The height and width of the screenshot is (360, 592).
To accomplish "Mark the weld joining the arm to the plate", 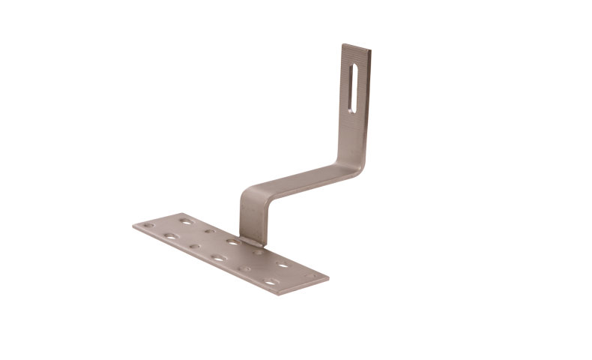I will (252, 241).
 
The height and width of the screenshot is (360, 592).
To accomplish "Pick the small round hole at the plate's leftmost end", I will (150, 226).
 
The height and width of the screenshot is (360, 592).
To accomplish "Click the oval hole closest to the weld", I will (234, 241).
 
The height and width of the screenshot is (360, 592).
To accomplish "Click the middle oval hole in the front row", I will (219, 258).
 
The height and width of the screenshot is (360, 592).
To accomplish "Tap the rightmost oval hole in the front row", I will (270, 283).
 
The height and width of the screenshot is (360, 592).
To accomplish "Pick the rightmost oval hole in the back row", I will (283, 264).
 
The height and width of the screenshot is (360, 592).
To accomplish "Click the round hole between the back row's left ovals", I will (210, 231).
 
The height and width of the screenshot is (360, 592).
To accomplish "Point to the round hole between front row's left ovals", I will (195, 247).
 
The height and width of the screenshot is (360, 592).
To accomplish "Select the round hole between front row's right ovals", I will (244, 270).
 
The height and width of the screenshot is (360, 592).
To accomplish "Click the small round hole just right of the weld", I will (259, 253).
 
